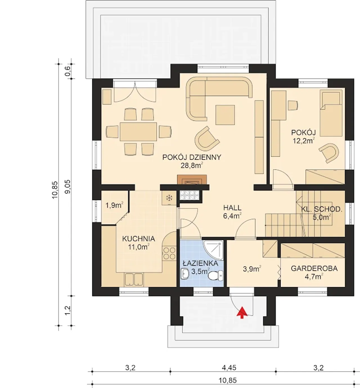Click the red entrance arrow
click(242, 313)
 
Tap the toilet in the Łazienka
click(215, 276)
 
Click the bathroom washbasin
click(185, 274)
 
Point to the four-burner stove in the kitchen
click(169, 253)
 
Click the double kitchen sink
click(134, 280)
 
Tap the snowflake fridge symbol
click(168, 198)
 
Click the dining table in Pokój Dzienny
click(138, 131)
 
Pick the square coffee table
click(225, 115)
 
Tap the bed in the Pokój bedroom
click(331, 113)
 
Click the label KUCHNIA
click(139, 239)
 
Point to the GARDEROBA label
click(314, 268)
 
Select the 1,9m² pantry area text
click(114, 205)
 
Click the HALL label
click(232, 207)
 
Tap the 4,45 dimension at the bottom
click(229, 368)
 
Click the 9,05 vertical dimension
click(68, 187)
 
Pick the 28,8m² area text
click(192, 165)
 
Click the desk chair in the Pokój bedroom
click(293, 105)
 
